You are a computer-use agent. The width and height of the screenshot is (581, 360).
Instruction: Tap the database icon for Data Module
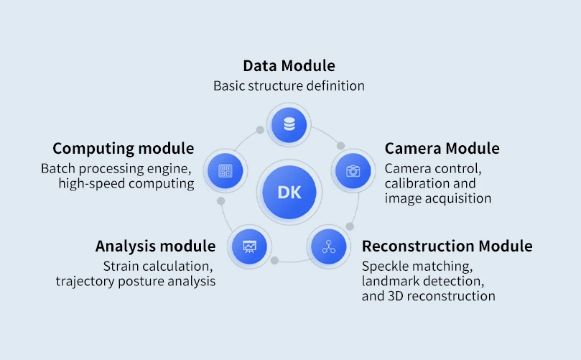click(x=289, y=125)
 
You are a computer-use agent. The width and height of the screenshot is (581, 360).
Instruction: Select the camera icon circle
click(x=353, y=170)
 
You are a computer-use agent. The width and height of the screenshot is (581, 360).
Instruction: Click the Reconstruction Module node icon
click(x=329, y=246)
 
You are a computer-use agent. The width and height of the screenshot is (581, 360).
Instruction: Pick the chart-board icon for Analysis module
click(x=249, y=246)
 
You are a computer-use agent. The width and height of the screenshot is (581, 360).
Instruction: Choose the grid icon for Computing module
click(x=226, y=171)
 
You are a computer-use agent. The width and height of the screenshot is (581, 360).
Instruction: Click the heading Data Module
click(x=289, y=66)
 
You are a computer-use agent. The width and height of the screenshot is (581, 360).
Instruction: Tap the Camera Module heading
click(x=442, y=149)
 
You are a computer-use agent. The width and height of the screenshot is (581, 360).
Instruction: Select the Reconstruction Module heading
click(x=447, y=246)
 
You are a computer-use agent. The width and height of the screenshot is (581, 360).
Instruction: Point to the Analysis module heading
click(x=155, y=246)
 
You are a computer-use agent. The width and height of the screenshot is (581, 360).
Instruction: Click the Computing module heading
click(x=123, y=149)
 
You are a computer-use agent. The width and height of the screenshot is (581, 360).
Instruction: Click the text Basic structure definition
click(x=289, y=86)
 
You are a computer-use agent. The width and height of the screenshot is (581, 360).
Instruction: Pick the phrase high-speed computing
click(x=126, y=184)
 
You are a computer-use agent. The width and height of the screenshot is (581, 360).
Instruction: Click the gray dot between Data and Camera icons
click(x=340, y=146)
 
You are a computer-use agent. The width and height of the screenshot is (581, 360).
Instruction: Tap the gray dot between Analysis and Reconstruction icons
click(x=274, y=260)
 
